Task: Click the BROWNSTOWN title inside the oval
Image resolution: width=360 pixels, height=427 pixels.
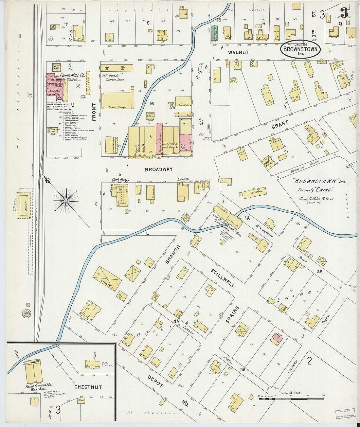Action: [300, 50]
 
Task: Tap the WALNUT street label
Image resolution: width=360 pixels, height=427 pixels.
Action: [239, 52]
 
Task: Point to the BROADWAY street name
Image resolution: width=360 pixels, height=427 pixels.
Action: [158, 169]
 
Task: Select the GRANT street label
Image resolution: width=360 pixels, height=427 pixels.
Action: [279, 125]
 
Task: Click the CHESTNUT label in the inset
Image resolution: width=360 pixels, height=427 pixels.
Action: [88, 387]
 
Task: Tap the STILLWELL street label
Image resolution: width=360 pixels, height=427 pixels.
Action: [223, 278]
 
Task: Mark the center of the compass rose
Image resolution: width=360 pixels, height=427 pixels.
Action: [66, 199]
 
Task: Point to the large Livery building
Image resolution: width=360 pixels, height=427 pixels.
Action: [107, 278]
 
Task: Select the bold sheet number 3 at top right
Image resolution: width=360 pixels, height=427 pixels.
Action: [344, 13]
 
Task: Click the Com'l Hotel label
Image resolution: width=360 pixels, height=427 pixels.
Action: [120, 180]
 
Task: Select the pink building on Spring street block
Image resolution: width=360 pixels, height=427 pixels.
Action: [277, 339]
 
